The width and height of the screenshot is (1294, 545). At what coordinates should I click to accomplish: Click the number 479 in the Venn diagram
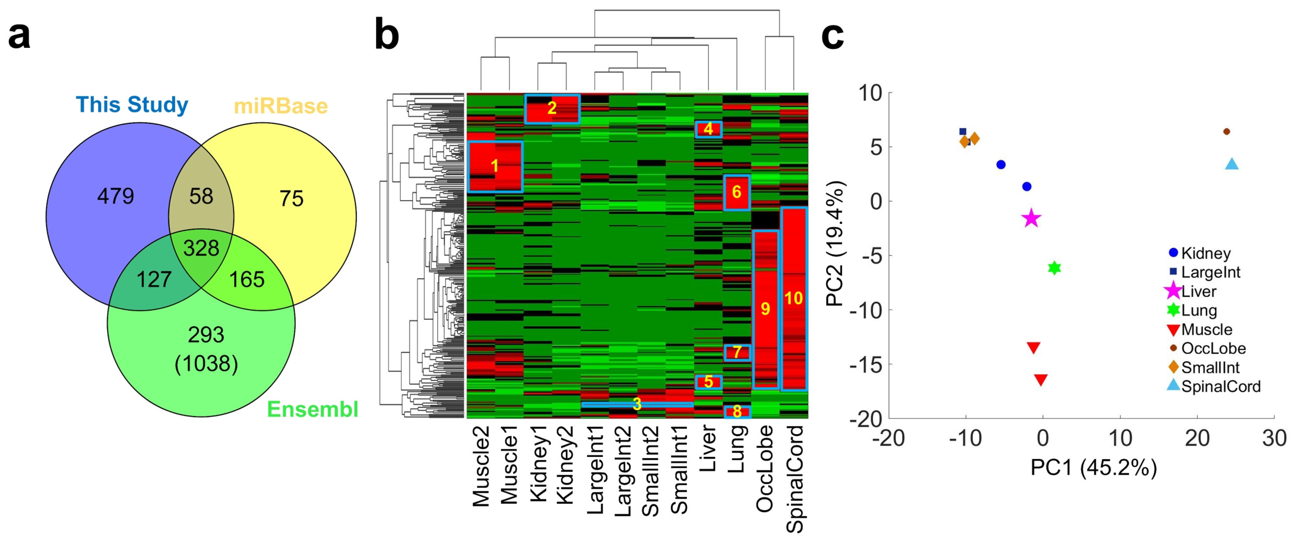point(115,196)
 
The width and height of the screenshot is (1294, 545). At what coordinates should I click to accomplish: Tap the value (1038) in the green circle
point(206,363)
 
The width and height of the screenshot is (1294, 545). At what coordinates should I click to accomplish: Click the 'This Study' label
point(132,105)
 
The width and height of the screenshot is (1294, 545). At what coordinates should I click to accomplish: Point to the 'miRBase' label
point(280,106)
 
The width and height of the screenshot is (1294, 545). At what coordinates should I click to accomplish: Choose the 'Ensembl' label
point(312,409)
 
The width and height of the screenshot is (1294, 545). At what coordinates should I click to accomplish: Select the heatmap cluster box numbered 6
point(737,192)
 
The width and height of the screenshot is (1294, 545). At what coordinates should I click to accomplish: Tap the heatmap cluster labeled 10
point(794,299)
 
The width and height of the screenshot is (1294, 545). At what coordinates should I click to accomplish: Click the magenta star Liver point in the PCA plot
point(1031,218)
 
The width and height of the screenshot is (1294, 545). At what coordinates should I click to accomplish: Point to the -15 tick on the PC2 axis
point(865,364)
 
